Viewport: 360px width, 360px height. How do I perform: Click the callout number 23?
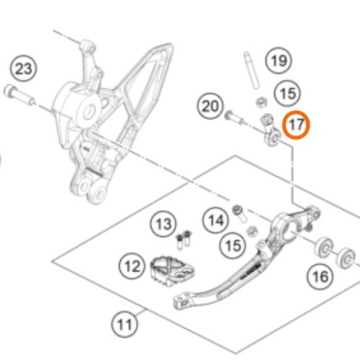click(x=24, y=69)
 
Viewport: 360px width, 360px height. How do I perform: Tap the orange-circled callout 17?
click(x=296, y=125)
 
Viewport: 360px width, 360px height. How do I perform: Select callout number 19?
click(x=279, y=60)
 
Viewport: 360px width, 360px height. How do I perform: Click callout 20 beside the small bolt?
click(x=210, y=106)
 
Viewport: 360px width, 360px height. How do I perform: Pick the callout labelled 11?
click(x=125, y=324)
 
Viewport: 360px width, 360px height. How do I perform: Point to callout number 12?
click(x=132, y=266)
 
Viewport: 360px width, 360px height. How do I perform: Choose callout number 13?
click(x=163, y=224)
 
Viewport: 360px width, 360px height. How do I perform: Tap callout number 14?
click(x=216, y=220)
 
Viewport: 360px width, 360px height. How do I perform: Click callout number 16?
click(x=320, y=276)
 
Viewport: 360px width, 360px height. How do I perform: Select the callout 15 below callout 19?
click(x=287, y=94)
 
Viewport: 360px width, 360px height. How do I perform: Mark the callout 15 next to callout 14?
click(x=233, y=246)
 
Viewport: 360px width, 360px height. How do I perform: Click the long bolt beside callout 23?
click(x=19, y=95)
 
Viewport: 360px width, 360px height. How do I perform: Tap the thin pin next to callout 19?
click(x=251, y=70)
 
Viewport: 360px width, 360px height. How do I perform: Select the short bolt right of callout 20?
click(x=234, y=117)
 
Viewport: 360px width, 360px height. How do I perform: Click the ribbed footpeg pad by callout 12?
click(x=172, y=271)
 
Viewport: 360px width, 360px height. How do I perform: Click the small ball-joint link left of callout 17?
click(x=271, y=130)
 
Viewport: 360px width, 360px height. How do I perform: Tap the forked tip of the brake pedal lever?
click(x=182, y=301)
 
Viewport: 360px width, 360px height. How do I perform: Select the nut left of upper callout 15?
click(x=261, y=102)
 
